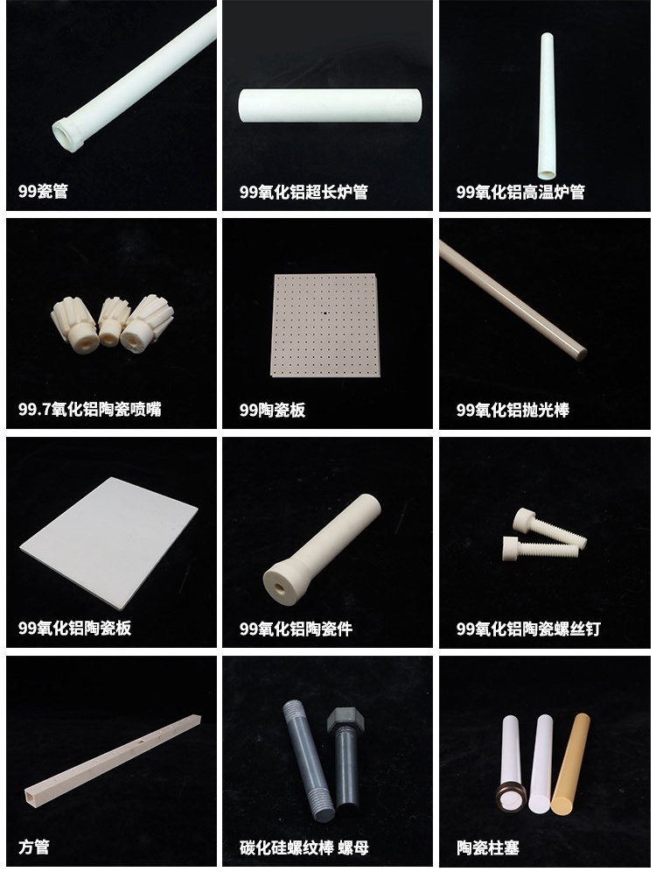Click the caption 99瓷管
(x=43, y=192)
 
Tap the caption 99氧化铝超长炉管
(x=304, y=192)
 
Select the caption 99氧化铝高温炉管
(x=520, y=192)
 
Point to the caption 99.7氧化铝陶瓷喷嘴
(x=89, y=410)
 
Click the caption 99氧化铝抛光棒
(x=512, y=410)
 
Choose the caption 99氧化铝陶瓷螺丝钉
(x=528, y=629)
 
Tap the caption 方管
(x=33, y=847)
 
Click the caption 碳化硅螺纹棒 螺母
(x=304, y=847)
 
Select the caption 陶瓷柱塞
(x=487, y=847)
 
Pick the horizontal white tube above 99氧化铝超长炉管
(x=330, y=105)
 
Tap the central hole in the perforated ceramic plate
(x=325, y=312)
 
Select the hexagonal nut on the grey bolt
(x=345, y=720)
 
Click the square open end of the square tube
(x=31, y=793)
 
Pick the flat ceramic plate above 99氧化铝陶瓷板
(x=108, y=542)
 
